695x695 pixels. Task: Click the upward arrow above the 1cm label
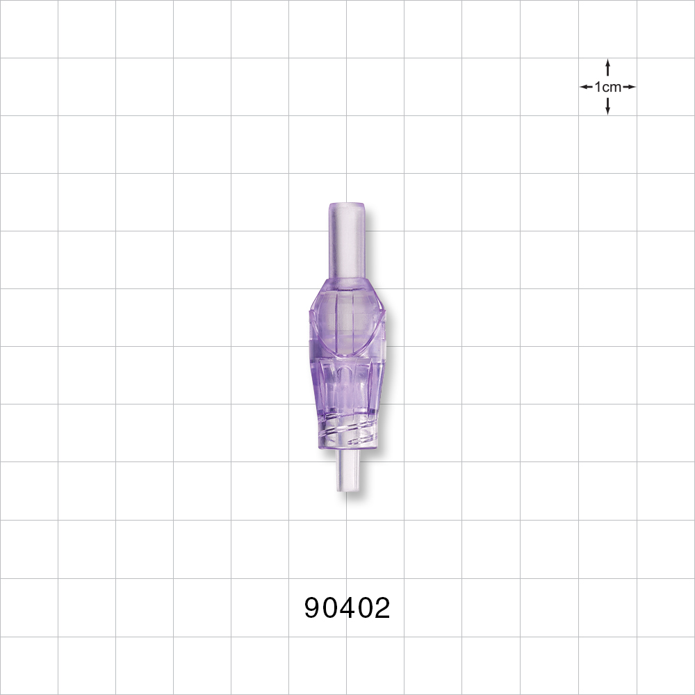point(608,67)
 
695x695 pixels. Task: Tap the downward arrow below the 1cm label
point(608,106)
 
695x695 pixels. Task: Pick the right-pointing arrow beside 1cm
point(629,87)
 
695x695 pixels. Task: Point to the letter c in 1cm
point(605,88)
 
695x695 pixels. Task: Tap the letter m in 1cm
point(614,88)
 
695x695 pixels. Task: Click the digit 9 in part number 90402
point(313,609)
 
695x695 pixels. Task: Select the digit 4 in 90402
point(347,609)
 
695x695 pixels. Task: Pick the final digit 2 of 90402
point(382,609)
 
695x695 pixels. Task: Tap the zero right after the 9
point(331,609)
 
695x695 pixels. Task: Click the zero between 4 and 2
point(365,609)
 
